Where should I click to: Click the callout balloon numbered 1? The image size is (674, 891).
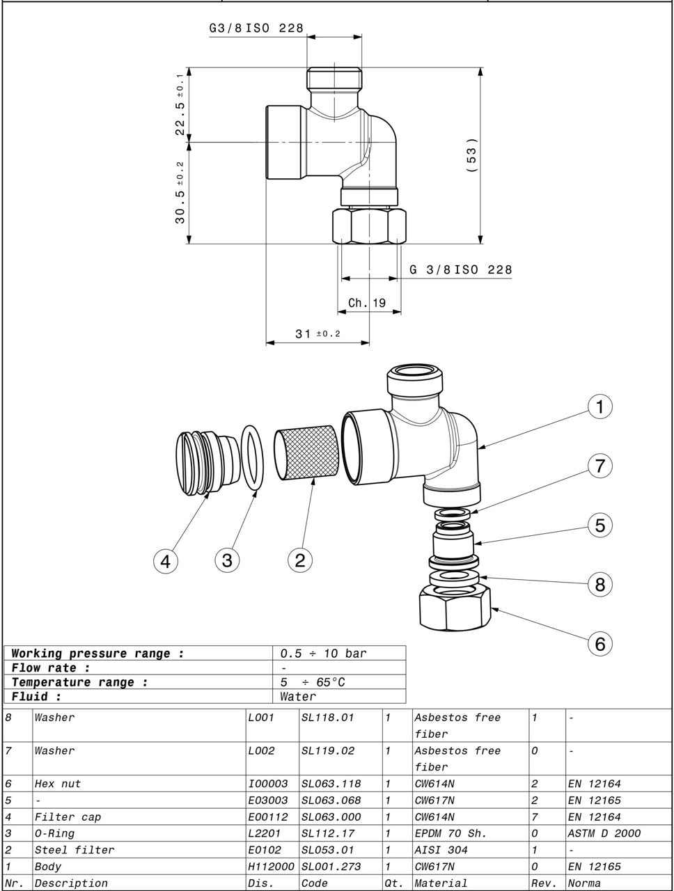599,407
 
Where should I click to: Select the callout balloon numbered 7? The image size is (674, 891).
599,466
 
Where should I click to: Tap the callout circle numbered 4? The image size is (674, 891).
166,560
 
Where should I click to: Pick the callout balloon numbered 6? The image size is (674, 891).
599,644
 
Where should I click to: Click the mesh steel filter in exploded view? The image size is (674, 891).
306,454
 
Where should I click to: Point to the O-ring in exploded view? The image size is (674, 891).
253,458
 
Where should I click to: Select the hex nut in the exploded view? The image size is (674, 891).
455,606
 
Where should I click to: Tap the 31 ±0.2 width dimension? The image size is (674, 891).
318,334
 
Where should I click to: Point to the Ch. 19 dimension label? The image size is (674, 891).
367,303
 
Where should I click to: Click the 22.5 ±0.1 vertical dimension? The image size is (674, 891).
180,104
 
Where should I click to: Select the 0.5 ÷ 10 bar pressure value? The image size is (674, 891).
323,654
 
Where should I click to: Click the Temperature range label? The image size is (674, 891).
79,682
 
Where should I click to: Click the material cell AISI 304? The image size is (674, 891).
441,850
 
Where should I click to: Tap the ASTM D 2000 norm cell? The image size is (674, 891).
604,833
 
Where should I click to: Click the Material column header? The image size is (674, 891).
441,883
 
